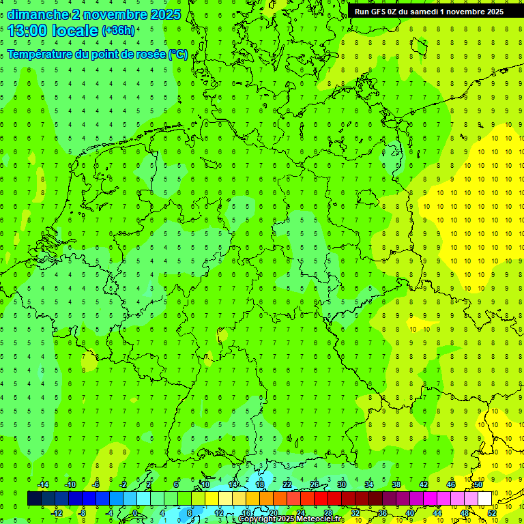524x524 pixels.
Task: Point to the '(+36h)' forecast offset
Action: [x=118, y=31]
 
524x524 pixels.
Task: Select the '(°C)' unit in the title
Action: [x=178, y=55]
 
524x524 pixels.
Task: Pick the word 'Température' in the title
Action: [x=40, y=55]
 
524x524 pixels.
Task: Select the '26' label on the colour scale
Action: [x=314, y=484]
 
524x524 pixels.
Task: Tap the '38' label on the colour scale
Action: [x=396, y=484]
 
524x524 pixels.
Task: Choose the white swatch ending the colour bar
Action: [x=484, y=499]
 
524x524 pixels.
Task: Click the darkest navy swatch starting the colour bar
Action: [x=34, y=499]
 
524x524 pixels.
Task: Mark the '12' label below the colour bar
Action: [x=219, y=513]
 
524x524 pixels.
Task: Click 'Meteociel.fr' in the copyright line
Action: [x=319, y=519]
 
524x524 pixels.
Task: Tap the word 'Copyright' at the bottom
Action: [x=257, y=519]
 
